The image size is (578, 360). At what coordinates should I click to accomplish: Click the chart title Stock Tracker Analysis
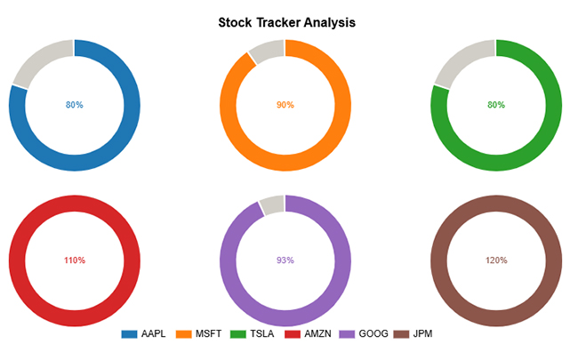point(287,22)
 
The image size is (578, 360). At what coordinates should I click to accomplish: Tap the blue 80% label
point(75,105)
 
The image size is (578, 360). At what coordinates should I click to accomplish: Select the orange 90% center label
point(285,105)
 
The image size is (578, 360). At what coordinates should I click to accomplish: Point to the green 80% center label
point(496,105)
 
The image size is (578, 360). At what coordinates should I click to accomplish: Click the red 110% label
point(75,260)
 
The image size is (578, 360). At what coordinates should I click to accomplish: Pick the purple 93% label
point(285,260)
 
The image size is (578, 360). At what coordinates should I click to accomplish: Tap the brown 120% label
point(496,260)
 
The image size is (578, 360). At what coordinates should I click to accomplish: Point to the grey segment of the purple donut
point(273,204)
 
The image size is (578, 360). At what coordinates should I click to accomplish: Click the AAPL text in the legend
point(153,334)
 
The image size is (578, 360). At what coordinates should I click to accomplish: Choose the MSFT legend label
point(208,334)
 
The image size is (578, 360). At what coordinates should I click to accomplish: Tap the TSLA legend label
point(262,334)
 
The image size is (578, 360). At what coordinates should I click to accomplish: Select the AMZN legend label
point(317,334)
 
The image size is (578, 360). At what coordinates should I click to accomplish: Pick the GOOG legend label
point(373,334)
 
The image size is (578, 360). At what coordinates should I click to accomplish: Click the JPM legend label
point(422,334)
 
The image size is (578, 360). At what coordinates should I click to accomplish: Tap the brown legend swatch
point(401,334)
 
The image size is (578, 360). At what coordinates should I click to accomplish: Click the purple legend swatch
point(347,334)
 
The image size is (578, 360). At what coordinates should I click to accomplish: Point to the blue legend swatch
point(130,334)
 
